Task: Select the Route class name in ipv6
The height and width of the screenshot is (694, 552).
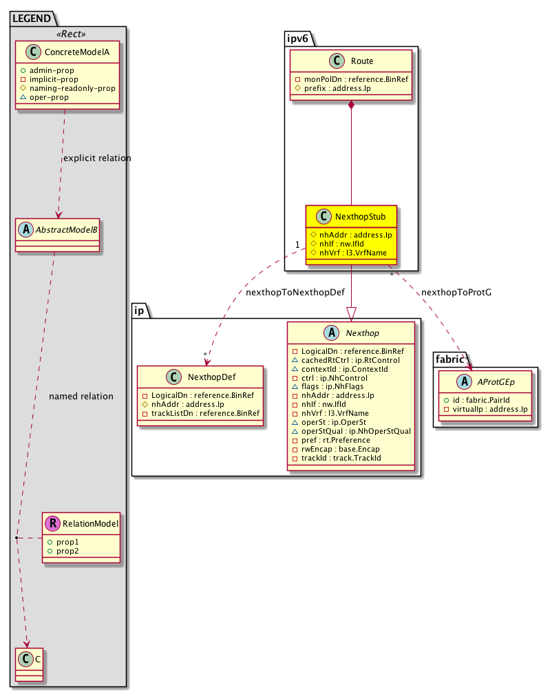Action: tap(361, 61)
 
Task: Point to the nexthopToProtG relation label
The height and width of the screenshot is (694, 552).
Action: tap(456, 292)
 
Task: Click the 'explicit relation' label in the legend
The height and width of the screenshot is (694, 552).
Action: tap(96, 158)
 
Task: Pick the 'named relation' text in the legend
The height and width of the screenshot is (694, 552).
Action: tap(81, 397)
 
